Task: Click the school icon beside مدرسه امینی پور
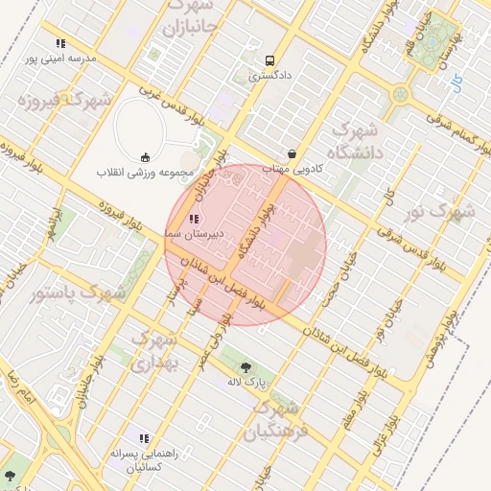(60, 43)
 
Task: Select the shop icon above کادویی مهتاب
(292, 153)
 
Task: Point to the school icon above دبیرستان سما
(195, 219)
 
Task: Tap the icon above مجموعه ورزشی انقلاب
(145, 157)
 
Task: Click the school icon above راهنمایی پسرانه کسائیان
(144, 438)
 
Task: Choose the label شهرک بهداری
(152, 352)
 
